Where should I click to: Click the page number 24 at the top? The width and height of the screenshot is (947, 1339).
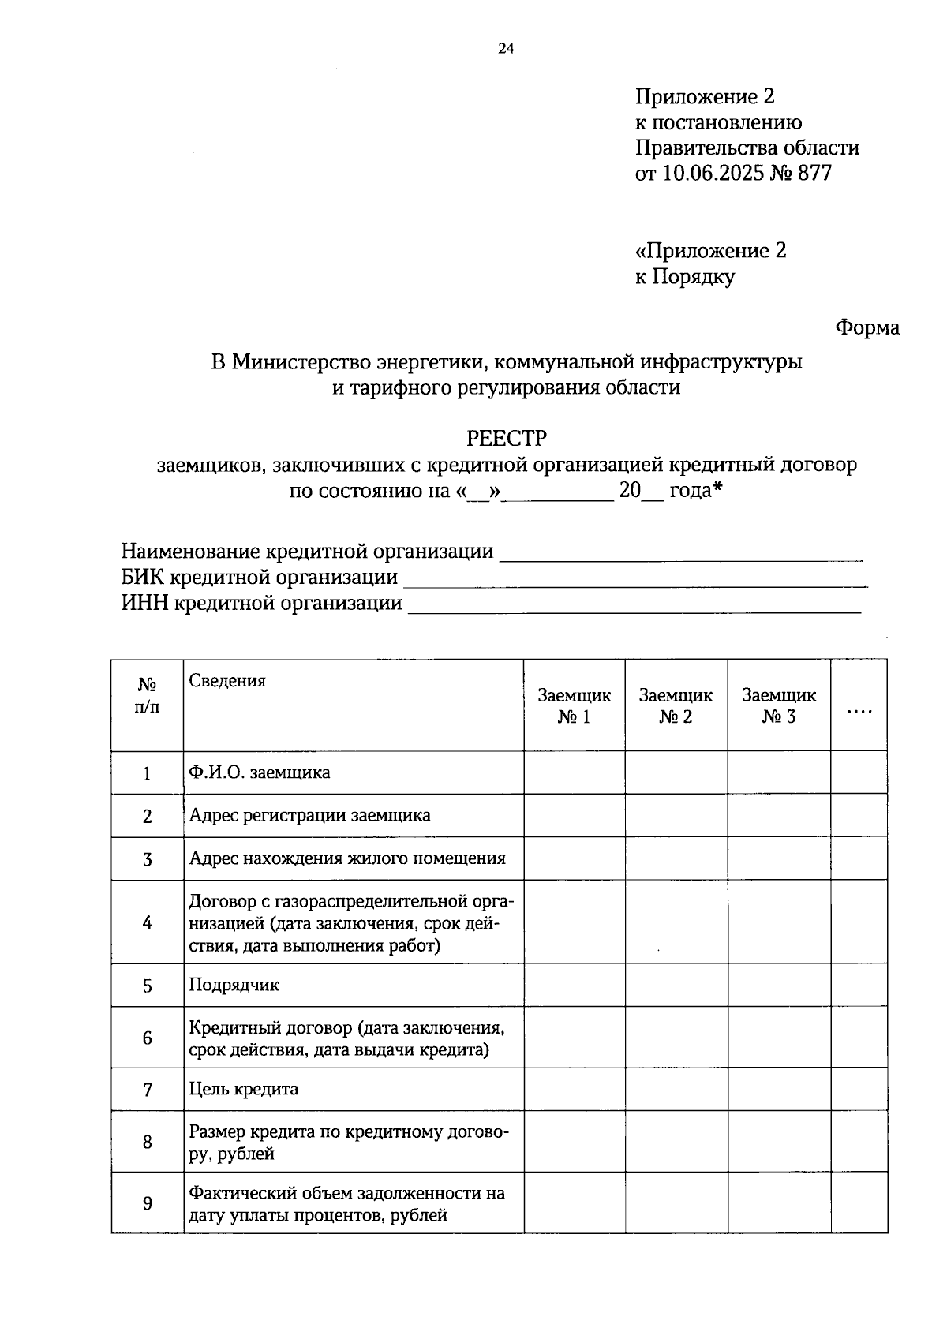click(x=506, y=49)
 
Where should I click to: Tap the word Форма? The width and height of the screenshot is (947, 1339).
click(x=867, y=327)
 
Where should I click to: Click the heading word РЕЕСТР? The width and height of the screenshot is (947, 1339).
click(x=507, y=438)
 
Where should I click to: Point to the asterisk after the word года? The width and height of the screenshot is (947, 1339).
click(x=717, y=489)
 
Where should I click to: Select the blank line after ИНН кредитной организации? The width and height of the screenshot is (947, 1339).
click(x=635, y=606)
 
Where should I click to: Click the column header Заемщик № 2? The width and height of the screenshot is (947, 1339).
click(x=676, y=705)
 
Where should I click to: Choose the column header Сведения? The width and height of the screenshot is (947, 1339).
click(x=227, y=681)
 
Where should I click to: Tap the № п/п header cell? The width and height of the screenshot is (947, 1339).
click(x=147, y=695)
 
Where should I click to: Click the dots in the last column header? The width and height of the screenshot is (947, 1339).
click(x=859, y=711)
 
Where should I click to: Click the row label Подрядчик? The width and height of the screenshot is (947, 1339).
click(x=234, y=985)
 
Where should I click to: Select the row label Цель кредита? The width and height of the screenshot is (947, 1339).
click(x=244, y=1090)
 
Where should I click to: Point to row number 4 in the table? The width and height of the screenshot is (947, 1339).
click(x=147, y=922)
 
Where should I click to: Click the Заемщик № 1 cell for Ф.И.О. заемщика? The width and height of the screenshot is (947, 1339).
click(x=575, y=772)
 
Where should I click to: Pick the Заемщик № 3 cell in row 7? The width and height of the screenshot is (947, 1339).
click(x=779, y=1090)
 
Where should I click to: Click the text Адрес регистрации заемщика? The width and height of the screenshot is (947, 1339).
click(x=309, y=815)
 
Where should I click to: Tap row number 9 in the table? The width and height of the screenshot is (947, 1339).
click(x=147, y=1203)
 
